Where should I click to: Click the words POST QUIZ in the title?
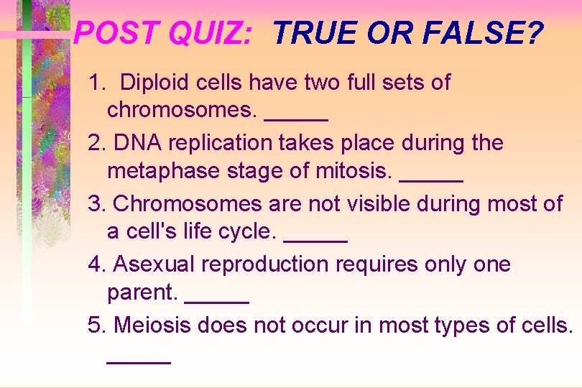pos(162,33)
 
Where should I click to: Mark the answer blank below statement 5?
pos(139,362)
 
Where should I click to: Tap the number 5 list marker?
pos(95,325)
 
